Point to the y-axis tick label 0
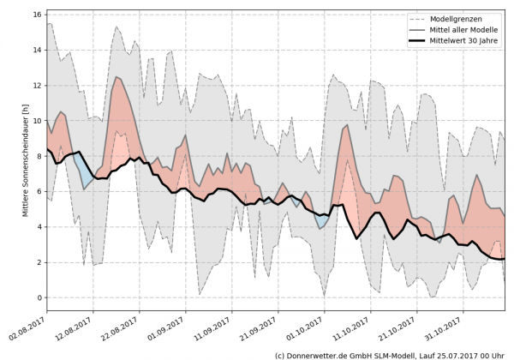pos(39,297)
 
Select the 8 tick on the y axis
pos(39,156)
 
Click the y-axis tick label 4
pos(39,227)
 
